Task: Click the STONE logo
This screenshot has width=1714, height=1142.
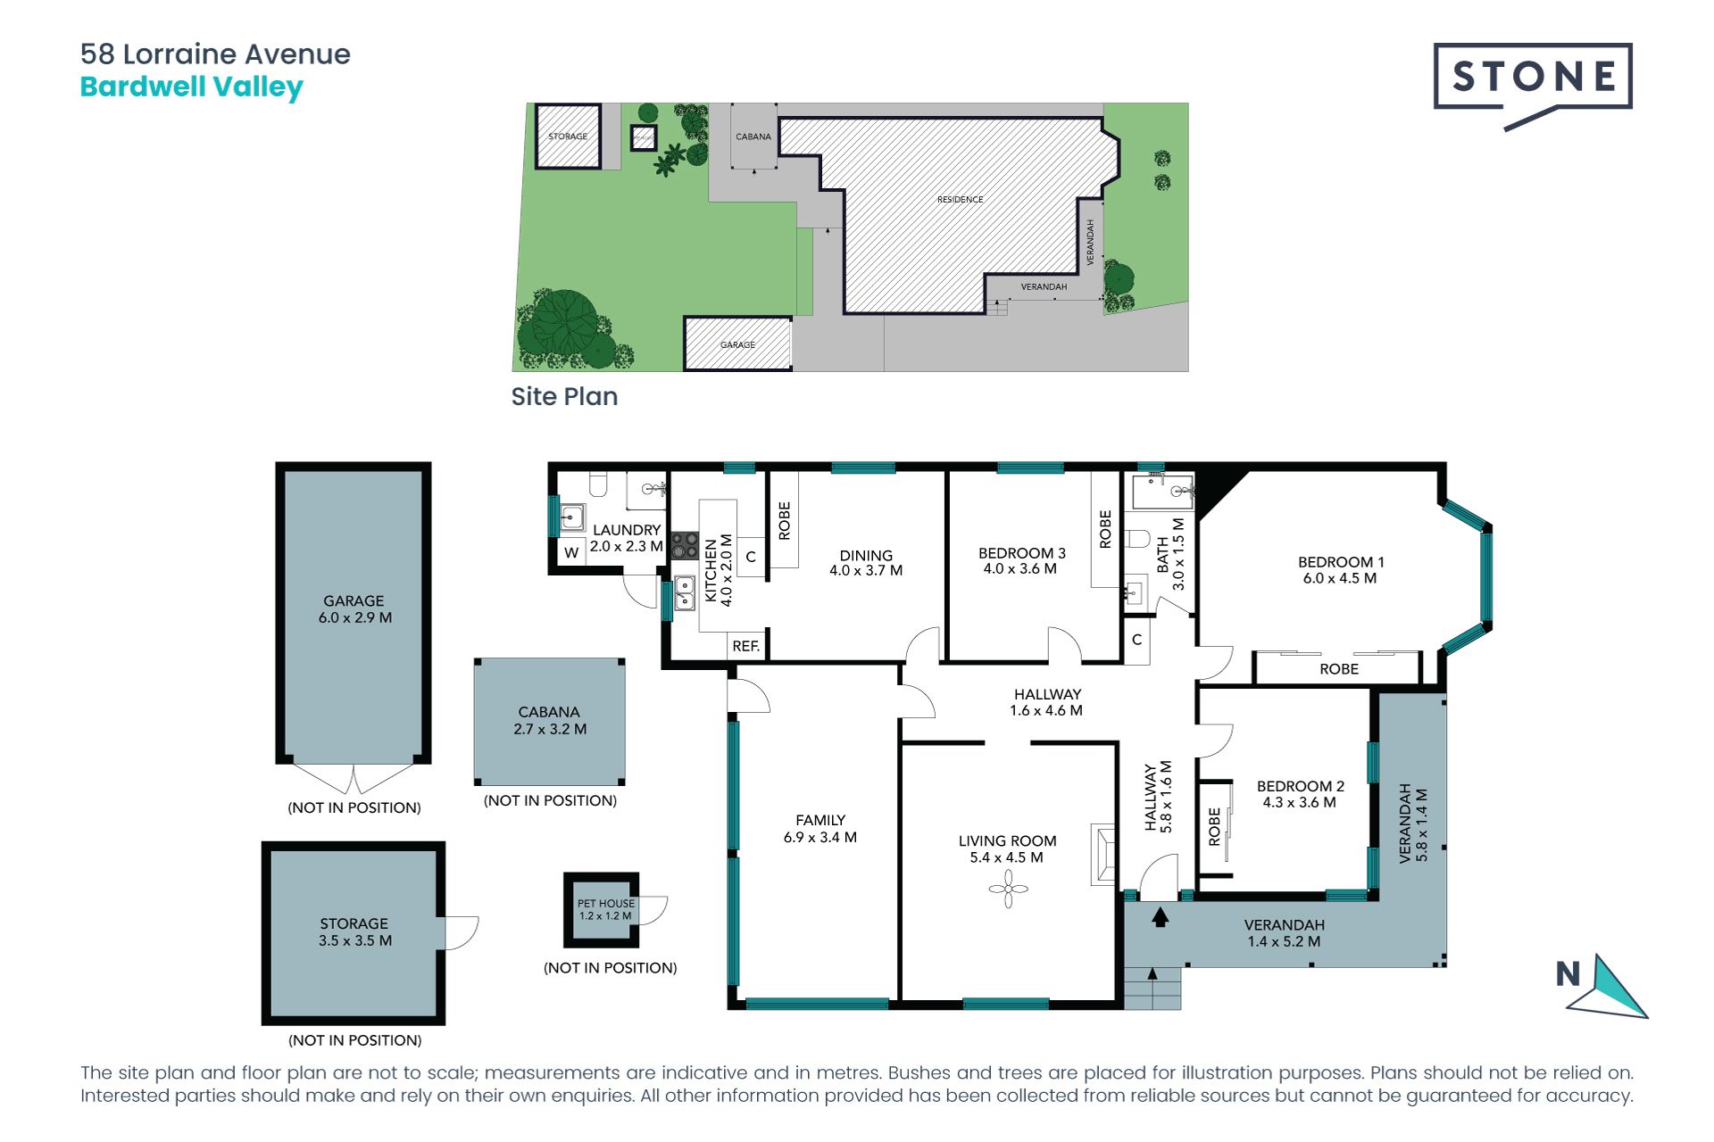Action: pyautogui.click(x=1533, y=86)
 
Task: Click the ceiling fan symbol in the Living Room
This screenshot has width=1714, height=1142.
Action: pyautogui.click(x=1009, y=889)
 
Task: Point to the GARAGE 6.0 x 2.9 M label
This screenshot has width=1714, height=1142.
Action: pyautogui.click(x=354, y=609)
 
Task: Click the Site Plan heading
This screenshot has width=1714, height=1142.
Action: pyautogui.click(x=564, y=396)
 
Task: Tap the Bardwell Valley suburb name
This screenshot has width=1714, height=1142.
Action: pyautogui.click(x=192, y=87)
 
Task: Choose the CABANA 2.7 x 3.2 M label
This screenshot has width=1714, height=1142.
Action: pyautogui.click(x=550, y=720)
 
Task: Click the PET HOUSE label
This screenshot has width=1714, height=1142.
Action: pyautogui.click(x=606, y=903)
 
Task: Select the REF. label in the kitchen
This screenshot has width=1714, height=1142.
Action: pyautogui.click(x=745, y=646)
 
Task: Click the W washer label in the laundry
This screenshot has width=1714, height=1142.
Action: pyautogui.click(x=571, y=552)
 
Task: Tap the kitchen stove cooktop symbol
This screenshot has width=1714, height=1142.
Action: pyautogui.click(x=685, y=545)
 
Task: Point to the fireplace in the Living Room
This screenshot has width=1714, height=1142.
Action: pyautogui.click(x=1103, y=854)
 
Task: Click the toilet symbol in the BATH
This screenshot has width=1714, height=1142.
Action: pyautogui.click(x=1136, y=539)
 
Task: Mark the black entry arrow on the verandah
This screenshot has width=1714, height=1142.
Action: pyautogui.click(x=1161, y=916)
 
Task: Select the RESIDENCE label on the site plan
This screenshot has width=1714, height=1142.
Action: pyautogui.click(x=960, y=200)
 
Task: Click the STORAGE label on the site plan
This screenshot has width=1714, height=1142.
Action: pyautogui.click(x=568, y=137)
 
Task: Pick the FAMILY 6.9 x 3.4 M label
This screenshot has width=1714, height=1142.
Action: pyautogui.click(x=820, y=828)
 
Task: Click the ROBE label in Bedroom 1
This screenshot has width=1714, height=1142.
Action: pyautogui.click(x=1339, y=669)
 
